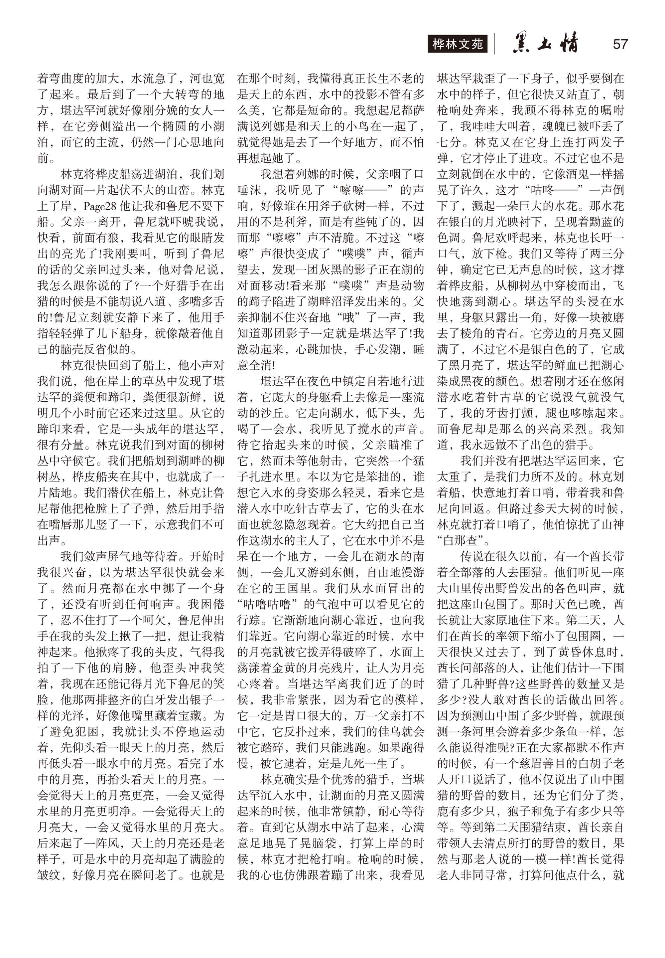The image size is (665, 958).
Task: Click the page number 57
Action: pos(620,44)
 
